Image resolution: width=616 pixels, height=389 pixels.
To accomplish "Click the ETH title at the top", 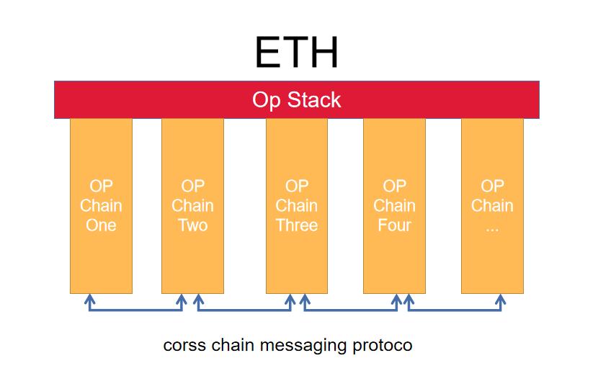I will coord(296,52).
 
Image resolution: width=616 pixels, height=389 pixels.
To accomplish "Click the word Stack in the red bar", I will coord(318,99).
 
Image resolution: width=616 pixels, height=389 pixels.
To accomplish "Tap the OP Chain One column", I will coord(101,259).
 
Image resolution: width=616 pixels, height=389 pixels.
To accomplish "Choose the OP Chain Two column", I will coord(192,259).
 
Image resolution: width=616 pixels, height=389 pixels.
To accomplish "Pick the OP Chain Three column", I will coord(296,259).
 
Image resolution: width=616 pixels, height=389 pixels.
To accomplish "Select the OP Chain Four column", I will coord(394,259).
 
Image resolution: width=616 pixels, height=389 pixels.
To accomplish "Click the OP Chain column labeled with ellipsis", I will coord(492,259).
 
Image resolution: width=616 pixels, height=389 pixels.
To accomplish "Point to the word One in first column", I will coord(101,225).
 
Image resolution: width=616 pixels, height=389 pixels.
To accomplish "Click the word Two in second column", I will coord(192,225).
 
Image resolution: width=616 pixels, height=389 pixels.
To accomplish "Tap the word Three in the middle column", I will coord(296,225).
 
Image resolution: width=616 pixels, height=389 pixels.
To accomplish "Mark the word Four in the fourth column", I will coord(394,225).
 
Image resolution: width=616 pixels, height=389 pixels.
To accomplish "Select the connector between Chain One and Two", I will coord(135,310).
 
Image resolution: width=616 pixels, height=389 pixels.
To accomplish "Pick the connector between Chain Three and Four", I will coord(349,310).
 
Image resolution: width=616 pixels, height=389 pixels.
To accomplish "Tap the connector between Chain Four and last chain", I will coord(455,310).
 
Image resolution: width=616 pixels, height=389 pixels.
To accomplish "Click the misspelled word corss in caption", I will coord(185,346).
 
